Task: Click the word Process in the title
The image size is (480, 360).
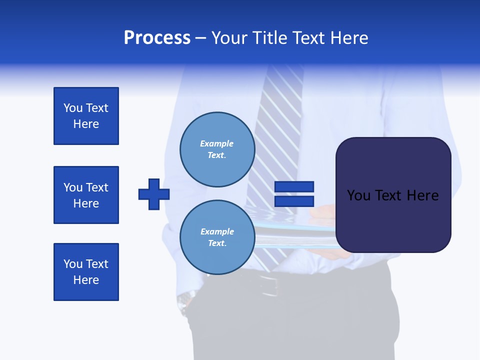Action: [157, 38]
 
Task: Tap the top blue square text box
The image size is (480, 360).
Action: [86, 116]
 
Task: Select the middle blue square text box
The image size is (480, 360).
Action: [86, 195]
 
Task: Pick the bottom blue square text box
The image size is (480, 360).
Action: [86, 272]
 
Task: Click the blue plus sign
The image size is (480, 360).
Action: [154, 194]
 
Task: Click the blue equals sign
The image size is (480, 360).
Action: [294, 194]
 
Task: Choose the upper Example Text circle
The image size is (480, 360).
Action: [217, 149]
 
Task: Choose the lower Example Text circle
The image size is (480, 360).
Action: [217, 237]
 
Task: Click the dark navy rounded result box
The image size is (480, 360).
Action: [393, 195]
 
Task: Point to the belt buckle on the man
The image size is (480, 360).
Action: [270, 285]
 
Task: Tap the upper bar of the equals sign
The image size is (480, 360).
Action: [294, 186]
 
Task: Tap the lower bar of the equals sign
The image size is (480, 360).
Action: [294, 201]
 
